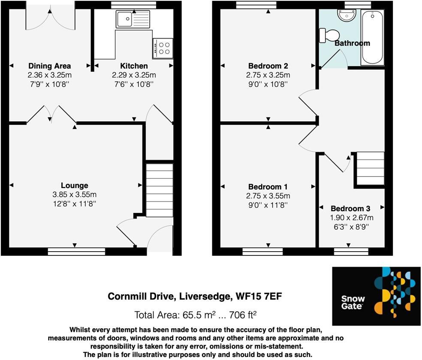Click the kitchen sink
[x=133, y=19]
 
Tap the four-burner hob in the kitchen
[x=163, y=48]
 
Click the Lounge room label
[x=75, y=186]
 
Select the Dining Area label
[x=50, y=66]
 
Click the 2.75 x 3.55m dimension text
[x=268, y=196]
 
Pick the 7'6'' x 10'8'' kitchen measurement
[x=134, y=84]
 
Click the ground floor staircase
[x=160, y=190]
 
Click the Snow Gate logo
[x=377, y=296]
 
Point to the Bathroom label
[x=352, y=43]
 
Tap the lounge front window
[x=76, y=252]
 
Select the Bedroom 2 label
[x=268, y=66]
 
